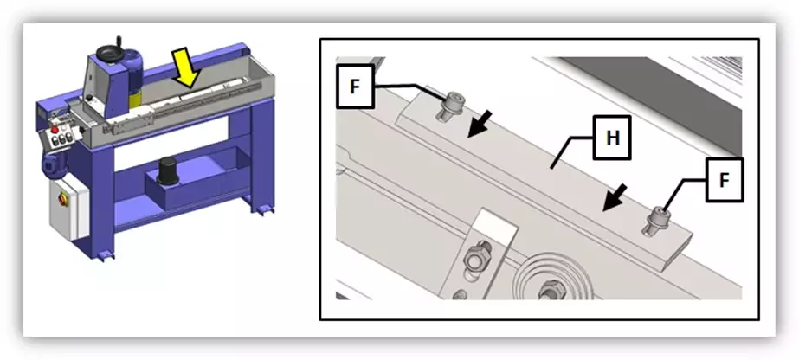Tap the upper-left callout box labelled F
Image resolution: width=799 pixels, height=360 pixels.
pos(355,86)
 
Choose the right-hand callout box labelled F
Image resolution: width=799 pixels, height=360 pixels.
pos(725,180)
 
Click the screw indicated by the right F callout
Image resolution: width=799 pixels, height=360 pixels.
pos(657,221)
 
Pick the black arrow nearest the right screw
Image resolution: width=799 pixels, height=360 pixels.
pos(614,197)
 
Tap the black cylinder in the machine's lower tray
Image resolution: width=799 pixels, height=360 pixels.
pos(167,170)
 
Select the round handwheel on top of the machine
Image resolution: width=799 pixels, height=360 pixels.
pos(110,53)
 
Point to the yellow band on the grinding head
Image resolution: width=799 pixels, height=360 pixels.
pos(136,100)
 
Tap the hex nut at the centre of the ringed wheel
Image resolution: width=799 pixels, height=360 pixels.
pos(550,290)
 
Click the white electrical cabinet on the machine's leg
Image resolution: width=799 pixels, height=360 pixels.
pos(68,209)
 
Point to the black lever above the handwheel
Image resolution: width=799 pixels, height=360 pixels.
pos(119,42)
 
